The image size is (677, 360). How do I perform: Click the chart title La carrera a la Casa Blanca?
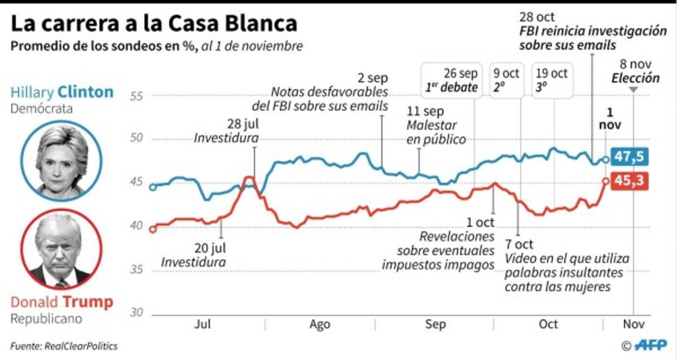click(153, 24)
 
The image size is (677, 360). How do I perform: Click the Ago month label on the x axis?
click(320, 324)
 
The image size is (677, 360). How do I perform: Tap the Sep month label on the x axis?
click(435, 324)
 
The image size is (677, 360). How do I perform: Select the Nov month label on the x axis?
click(632, 324)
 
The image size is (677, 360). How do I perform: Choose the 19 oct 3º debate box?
click(552, 80)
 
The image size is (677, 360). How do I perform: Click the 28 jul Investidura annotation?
click(227, 131)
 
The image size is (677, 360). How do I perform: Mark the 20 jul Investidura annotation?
click(194, 255)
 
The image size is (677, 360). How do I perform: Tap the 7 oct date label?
click(519, 245)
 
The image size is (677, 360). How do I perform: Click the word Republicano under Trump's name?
click(46, 319)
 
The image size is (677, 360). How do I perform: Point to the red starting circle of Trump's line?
click(152, 229)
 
